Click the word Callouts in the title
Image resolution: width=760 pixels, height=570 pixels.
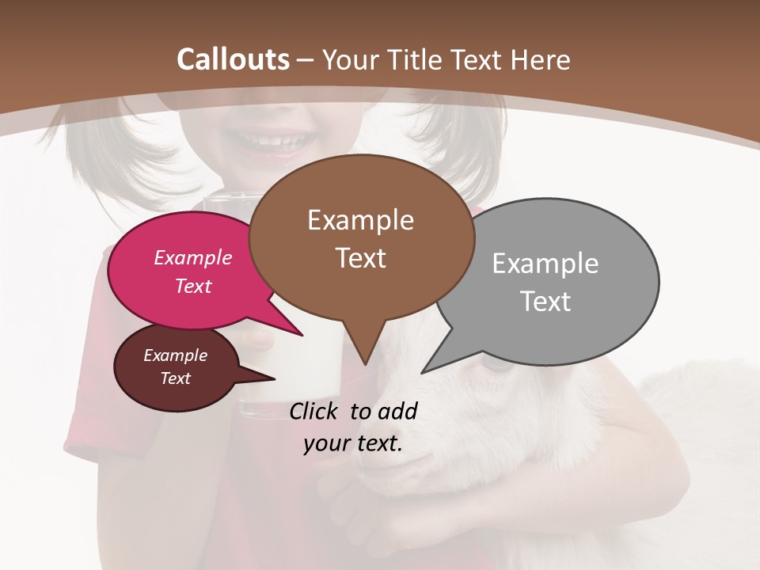(x=233, y=60)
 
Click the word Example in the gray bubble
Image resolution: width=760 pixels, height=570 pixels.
(x=545, y=264)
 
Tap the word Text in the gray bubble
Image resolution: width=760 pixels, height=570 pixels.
(x=545, y=302)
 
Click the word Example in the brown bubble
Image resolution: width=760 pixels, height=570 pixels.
(x=361, y=220)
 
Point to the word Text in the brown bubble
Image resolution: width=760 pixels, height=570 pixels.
(x=361, y=258)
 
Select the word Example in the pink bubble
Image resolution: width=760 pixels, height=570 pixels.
(x=193, y=257)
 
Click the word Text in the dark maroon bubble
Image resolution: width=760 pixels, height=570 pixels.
(x=176, y=378)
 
